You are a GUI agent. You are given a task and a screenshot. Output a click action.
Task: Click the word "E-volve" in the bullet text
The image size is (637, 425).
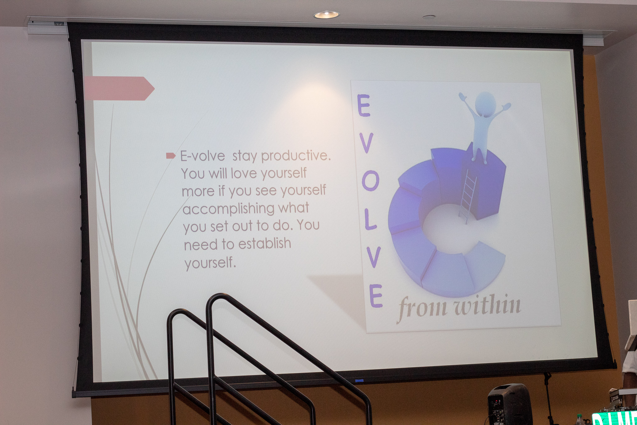202,156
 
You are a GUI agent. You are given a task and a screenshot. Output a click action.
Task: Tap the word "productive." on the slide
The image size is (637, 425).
296,156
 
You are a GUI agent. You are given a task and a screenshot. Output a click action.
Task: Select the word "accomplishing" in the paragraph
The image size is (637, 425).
228,209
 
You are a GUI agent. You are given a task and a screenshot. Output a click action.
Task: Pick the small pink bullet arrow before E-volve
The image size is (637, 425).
171,155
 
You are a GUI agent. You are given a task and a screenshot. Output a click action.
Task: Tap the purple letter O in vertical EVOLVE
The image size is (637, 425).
370,181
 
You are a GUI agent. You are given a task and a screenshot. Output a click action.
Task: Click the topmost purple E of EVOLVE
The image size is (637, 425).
364,105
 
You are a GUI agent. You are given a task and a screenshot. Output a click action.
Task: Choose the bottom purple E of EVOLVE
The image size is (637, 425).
376,296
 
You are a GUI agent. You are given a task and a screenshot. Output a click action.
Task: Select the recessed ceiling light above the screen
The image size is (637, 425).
326,15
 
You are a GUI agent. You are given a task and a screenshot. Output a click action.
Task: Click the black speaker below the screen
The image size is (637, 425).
510,404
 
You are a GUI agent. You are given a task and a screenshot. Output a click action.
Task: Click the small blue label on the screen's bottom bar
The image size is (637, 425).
359,380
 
